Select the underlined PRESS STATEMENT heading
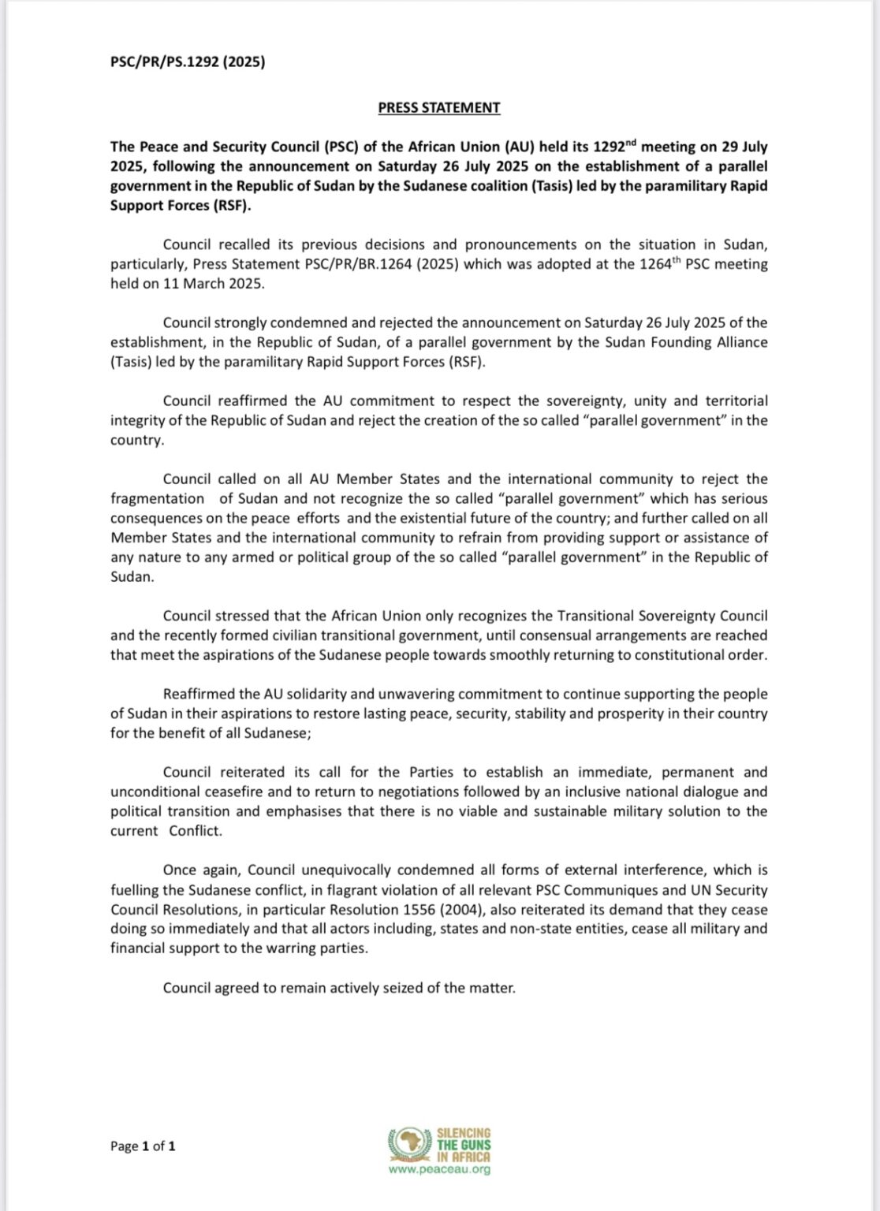point(439,107)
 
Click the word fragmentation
point(157,498)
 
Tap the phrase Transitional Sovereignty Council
point(628,616)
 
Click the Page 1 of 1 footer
point(143,1146)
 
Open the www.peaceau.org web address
point(439,1169)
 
